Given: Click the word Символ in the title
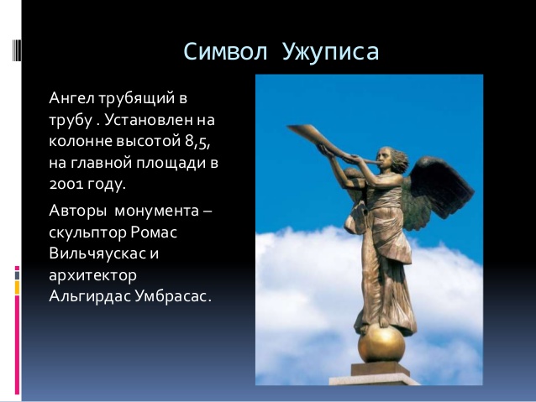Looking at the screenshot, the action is [x=225, y=52].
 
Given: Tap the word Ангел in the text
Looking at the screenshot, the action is [x=71, y=98].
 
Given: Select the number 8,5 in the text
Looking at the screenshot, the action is [x=197, y=141].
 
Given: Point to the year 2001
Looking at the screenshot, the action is [x=66, y=185].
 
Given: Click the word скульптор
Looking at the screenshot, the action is [x=87, y=233].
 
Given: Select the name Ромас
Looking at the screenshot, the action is [x=154, y=233].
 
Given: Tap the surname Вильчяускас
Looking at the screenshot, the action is [x=98, y=253].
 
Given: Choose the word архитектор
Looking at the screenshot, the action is [x=92, y=276].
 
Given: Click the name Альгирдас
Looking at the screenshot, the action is [x=90, y=296].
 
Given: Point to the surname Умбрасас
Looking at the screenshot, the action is [x=171, y=296].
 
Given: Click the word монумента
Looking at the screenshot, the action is [x=156, y=211].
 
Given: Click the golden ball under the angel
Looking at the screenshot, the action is [x=381, y=343].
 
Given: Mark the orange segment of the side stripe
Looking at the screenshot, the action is [x=17, y=288].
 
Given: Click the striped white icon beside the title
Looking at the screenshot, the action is [x=17, y=50].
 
